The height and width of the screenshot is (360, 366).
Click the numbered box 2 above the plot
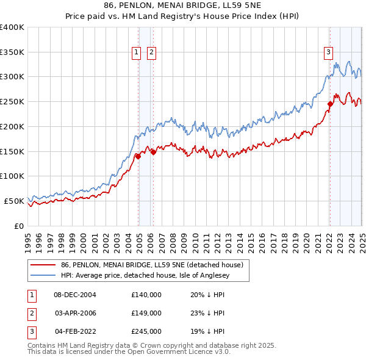coord(151,52)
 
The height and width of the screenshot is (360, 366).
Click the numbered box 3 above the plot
coord(328,52)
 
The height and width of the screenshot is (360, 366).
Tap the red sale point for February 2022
coord(330,104)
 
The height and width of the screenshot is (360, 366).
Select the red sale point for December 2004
coord(138,156)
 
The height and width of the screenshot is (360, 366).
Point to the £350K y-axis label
coord(12,52)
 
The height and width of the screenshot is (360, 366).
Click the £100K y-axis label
coord(12,176)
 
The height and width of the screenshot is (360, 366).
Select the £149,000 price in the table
coord(146,313)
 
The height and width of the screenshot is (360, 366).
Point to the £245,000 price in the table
coord(146,331)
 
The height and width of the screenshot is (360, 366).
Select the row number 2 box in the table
coord(30,313)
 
